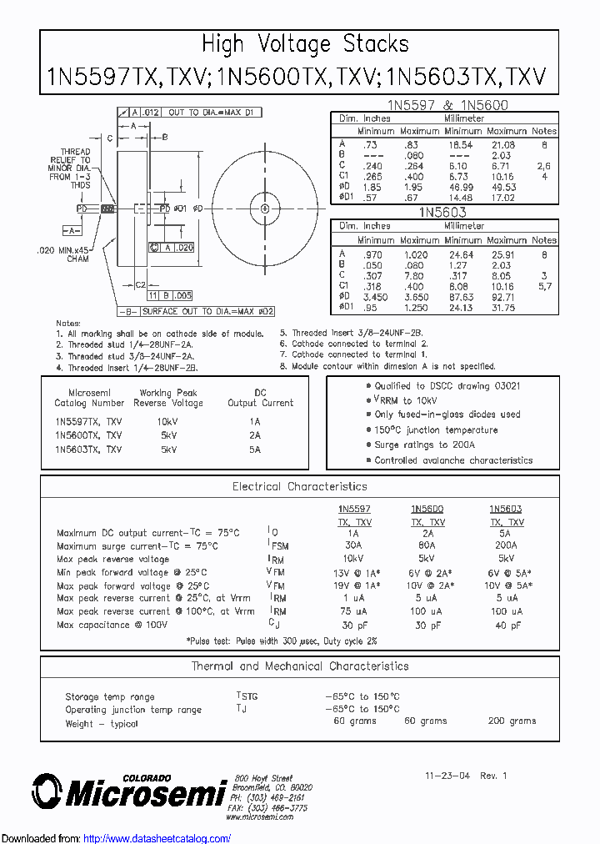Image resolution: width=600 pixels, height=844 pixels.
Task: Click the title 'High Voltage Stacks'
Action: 306,44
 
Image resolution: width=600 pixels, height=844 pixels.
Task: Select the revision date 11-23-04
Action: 447,775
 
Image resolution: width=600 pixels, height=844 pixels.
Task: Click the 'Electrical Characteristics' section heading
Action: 299,486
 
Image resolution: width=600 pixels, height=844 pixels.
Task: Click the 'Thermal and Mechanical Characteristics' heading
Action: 299,666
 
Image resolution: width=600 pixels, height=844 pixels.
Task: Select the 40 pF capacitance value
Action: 506,625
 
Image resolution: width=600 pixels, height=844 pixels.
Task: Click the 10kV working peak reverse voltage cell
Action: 167,422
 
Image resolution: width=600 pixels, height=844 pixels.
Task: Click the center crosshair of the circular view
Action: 265,208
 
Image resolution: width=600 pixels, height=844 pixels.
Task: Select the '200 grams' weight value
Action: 512,721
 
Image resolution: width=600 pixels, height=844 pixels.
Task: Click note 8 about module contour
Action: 387,366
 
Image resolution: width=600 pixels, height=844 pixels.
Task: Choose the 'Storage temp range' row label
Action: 110,696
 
